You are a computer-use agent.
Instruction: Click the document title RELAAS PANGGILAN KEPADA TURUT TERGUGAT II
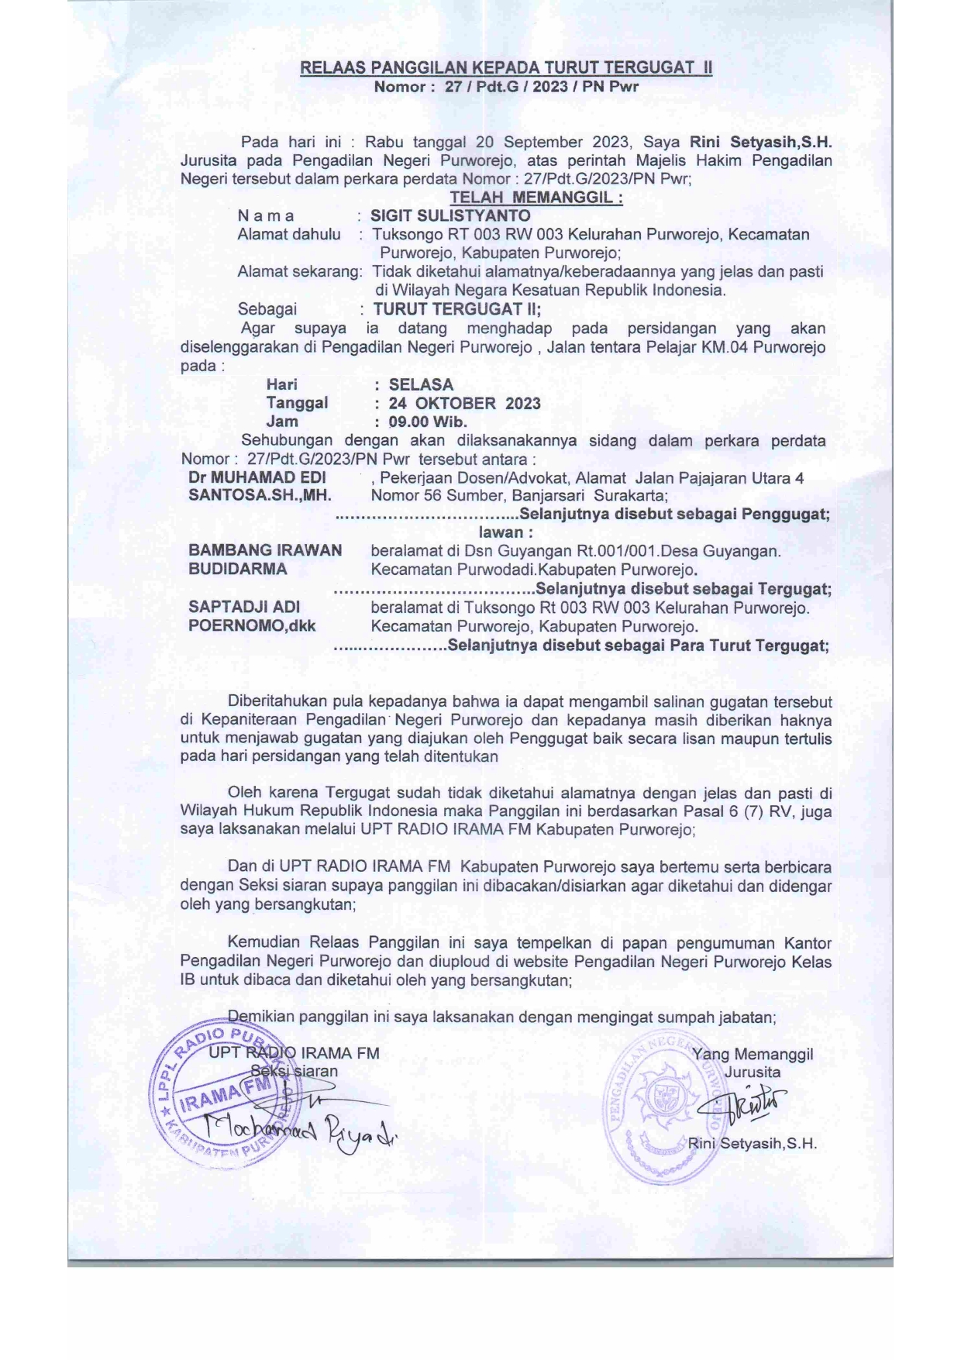tap(506, 68)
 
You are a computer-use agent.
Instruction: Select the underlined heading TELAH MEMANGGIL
tap(536, 198)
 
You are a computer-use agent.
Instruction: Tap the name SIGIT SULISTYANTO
tap(450, 216)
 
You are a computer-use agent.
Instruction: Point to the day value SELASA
tap(421, 384)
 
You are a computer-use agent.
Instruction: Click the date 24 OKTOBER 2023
tap(464, 403)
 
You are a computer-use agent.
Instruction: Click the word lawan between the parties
tap(505, 532)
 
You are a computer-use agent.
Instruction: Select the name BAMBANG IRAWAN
tap(265, 550)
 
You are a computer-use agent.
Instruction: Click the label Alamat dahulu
tap(289, 235)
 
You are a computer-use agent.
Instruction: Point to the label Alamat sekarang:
tap(300, 272)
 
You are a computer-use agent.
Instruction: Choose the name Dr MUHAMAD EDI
tap(257, 477)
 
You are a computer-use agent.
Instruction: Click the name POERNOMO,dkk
tap(252, 625)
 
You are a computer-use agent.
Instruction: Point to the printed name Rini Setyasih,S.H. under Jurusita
tap(752, 1144)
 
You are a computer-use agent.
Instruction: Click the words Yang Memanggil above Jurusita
tap(752, 1054)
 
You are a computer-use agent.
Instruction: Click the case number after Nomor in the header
tap(541, 87)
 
